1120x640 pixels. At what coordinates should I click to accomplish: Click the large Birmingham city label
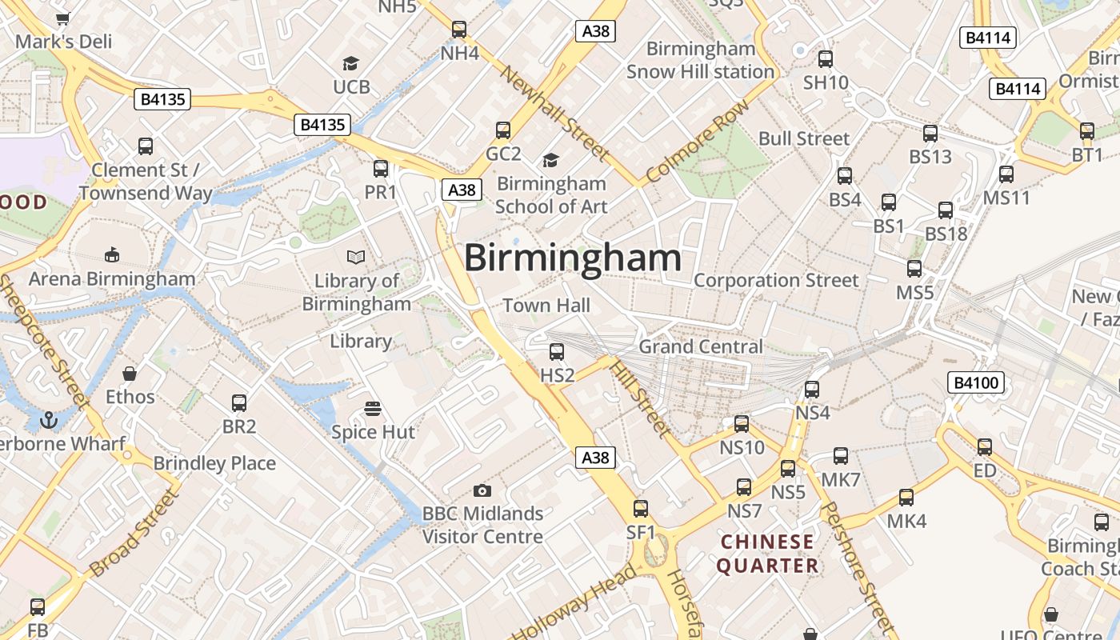coord(573,258)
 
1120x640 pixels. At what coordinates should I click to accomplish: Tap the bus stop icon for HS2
coord(557,351)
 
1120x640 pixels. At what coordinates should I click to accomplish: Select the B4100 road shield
coord(976,382)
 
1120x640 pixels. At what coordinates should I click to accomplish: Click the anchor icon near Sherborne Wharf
coord(50,419)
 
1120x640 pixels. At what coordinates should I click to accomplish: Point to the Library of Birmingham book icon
coord(356,257)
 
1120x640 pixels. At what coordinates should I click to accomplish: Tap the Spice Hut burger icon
coord(372,409)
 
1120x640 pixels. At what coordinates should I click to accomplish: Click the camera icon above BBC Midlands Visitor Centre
coord(482,490)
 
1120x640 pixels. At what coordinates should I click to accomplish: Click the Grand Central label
coord(700,346)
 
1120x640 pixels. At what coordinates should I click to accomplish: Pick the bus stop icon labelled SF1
coord(641,508)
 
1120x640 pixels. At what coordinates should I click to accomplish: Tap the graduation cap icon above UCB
coord(350,63)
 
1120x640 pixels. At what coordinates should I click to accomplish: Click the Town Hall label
coord(546,305)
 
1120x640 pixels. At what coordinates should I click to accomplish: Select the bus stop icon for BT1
coord(1086,130)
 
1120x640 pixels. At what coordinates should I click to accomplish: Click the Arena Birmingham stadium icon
coord(112,255)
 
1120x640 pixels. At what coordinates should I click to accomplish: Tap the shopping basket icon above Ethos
coord(130,374)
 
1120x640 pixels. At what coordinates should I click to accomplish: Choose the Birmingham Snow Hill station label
coord(700,60)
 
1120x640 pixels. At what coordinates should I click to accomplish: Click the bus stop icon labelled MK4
coord(906,497)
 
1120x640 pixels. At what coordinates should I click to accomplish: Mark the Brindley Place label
coord(214,463)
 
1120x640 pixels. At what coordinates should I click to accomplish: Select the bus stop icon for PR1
coord(381,168)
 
